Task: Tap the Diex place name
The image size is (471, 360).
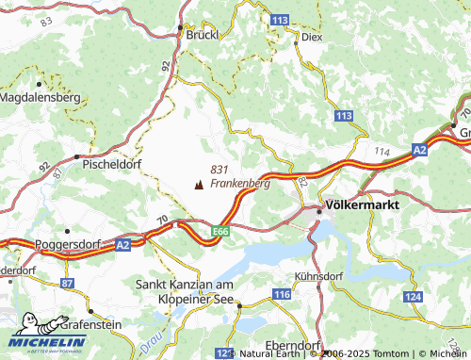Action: [x=312, y=39]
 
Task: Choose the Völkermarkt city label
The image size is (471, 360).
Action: [x=361, y=204]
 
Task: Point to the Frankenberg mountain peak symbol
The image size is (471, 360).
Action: [x=198, y=185]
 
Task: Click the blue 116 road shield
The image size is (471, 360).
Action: [x=282, y=296]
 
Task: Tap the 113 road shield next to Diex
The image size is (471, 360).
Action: [x=279, y=19]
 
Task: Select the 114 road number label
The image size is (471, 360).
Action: [x=382, y=152]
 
